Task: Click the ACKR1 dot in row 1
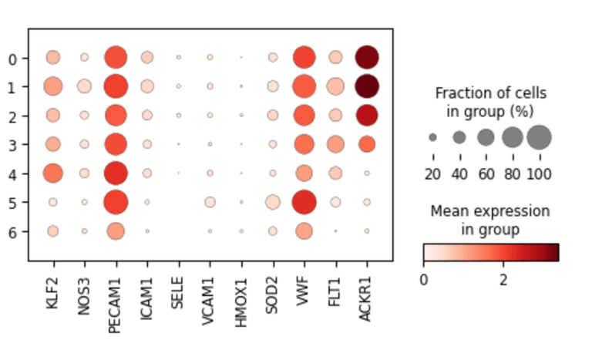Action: click(366, 86)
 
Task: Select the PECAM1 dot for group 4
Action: click(116, 173)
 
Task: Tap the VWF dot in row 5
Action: click(304, 202)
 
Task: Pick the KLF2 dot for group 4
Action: click(52, 173)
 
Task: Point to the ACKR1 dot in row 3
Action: click(366, 144)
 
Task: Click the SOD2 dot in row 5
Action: click(272, 202)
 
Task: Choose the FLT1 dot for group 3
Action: click(335, 144)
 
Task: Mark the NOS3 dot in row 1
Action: click(84, 86)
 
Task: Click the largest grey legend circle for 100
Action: click(539, 137)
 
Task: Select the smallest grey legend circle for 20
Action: click(432, 137)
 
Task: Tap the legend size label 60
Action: click(486, 173)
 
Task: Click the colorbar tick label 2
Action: click(503, 279)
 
